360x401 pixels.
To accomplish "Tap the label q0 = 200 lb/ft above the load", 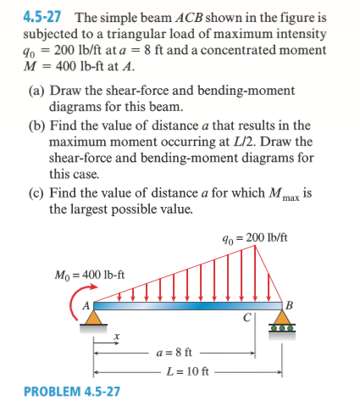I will click(257, 235).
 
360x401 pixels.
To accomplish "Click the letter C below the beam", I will click(244, 319).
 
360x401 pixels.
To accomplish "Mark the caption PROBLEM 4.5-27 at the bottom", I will click(71, 391).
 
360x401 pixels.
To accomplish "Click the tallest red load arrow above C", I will click(253, 271).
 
